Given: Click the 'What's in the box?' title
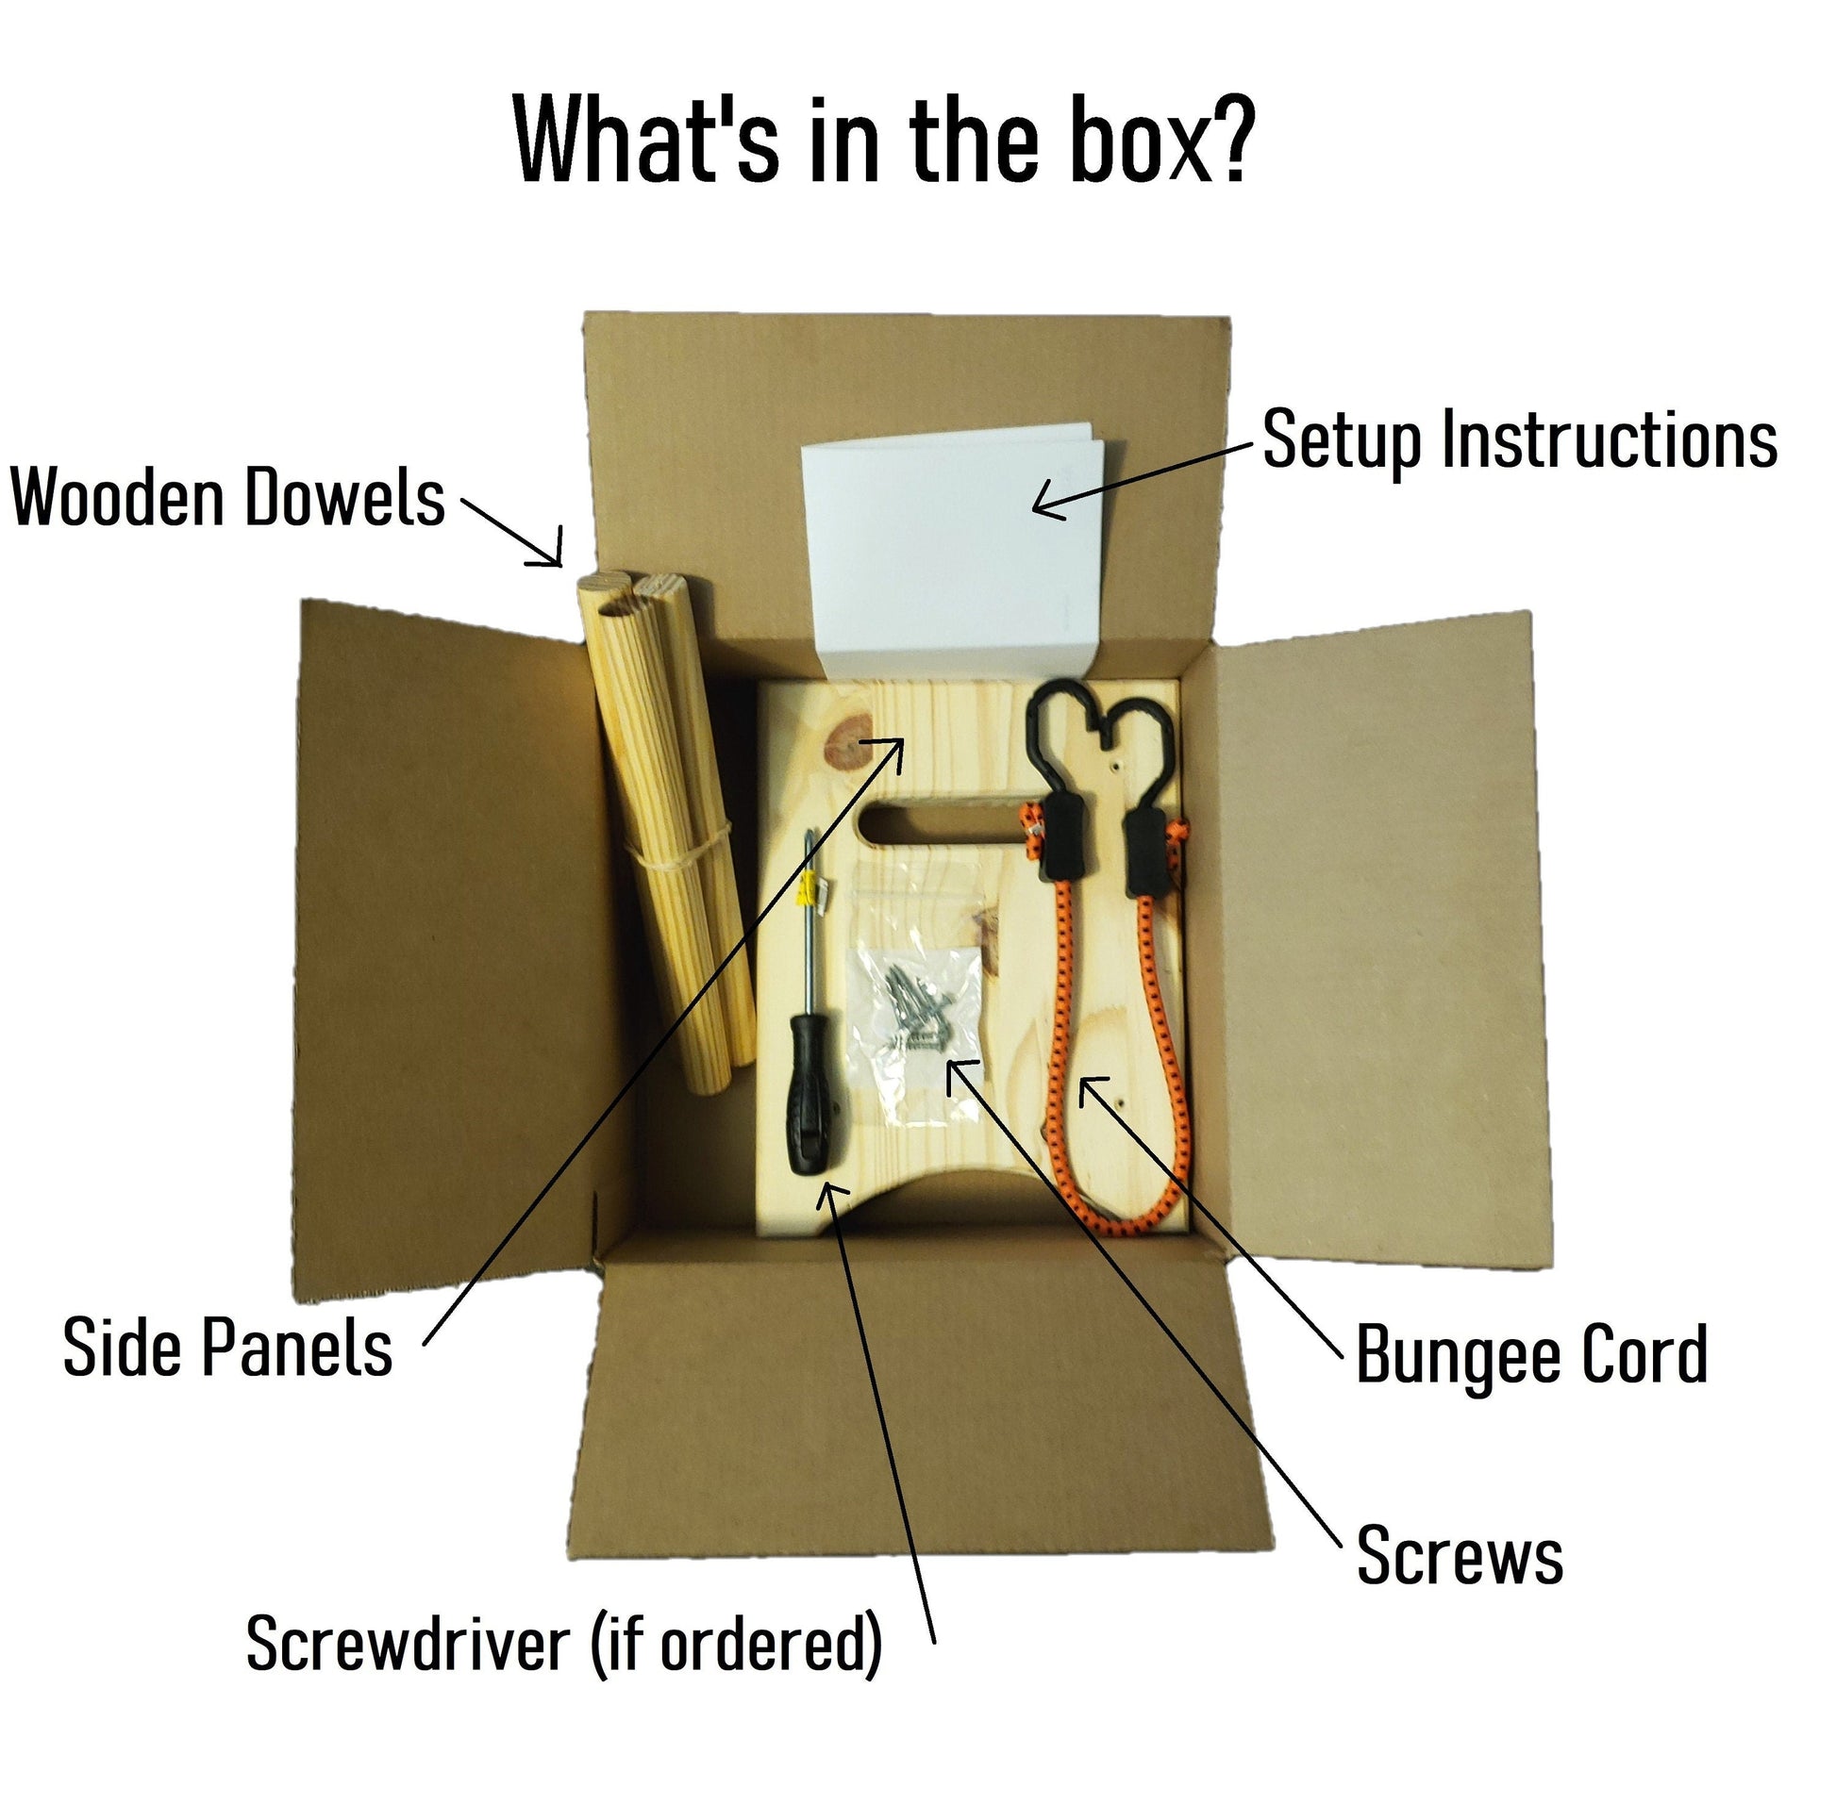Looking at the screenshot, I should click(x=883, y=141).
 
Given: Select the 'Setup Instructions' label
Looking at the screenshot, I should click(x=1518, y=440).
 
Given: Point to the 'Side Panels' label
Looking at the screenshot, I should click(x=227, y=1348).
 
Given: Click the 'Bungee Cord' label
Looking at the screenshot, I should click(x=1531, y=1355).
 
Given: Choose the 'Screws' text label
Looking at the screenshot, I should click(x=1459, y=1556).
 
